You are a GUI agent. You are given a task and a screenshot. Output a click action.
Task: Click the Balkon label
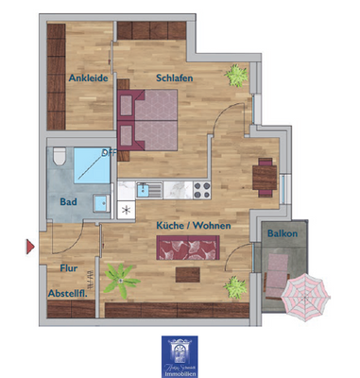(282, 232)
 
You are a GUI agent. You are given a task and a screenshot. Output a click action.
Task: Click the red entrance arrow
(30, 249)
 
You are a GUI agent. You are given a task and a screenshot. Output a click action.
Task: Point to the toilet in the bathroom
(59, 156)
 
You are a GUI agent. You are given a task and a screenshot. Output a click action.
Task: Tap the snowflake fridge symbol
(126, 210)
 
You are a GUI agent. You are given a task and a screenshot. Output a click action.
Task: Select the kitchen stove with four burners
(200, 189)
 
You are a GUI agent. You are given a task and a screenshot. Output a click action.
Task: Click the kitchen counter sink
(144, 189)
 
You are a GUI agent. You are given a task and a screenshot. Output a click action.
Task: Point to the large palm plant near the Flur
(120, 278)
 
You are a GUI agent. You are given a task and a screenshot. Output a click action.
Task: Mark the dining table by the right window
(264, 173)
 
